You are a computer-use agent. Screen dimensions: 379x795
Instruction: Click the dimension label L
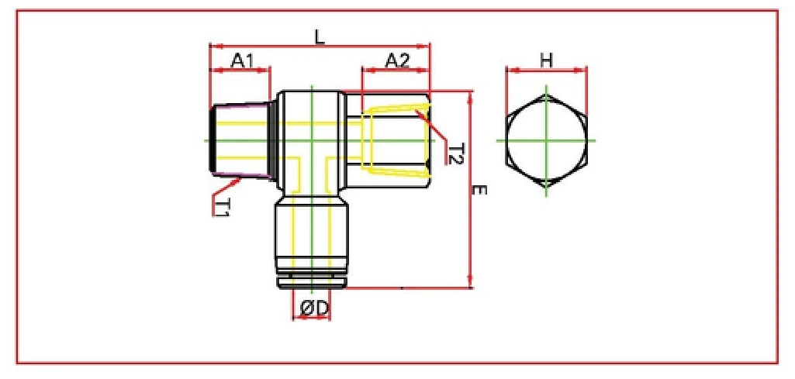[319, 36]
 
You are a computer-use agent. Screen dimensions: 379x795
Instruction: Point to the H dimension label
[547, 60]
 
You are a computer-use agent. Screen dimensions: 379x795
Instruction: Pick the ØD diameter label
[313, 308]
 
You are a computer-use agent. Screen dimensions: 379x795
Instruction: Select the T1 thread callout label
[222, 207]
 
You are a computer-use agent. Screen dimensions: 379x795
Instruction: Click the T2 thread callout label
[455, 153]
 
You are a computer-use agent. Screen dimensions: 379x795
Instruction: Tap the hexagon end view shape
[546, 141]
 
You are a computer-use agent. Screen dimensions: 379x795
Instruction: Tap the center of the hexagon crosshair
[546, 141]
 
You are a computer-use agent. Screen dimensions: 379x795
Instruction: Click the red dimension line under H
[547, 71]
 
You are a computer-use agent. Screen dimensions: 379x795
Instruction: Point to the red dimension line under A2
[396, 71]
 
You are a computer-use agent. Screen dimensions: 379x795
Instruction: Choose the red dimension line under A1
[240, 71]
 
